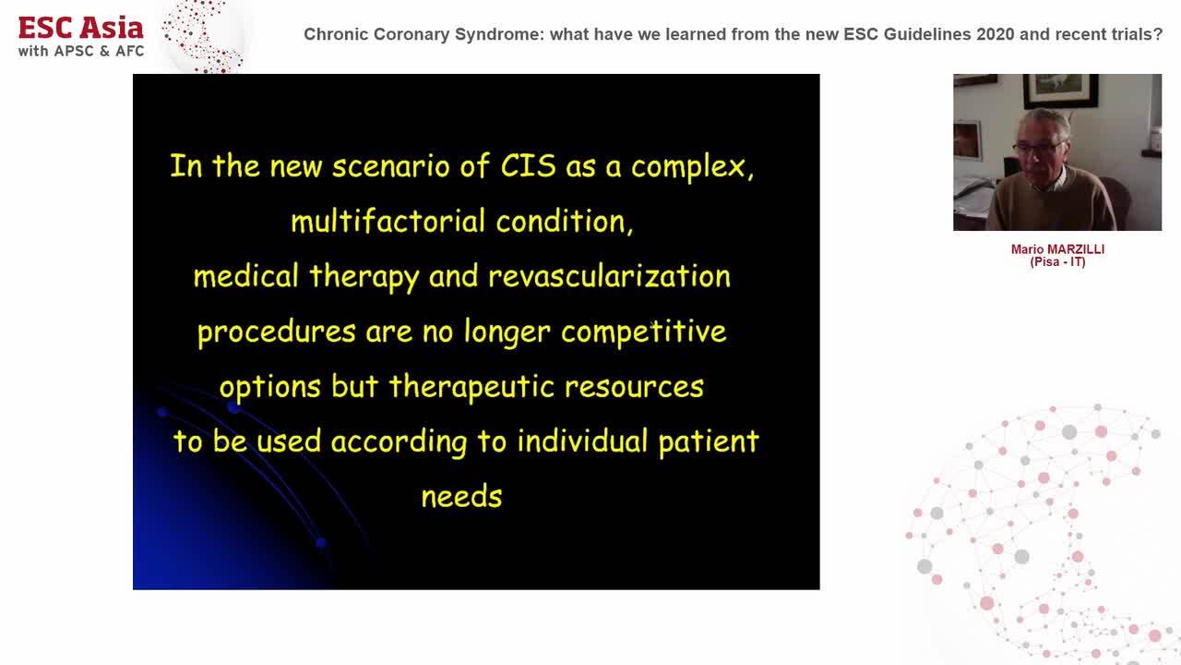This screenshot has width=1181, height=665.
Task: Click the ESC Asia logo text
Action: tap(81, 27)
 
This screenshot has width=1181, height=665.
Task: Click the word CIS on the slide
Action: tap(528, 166)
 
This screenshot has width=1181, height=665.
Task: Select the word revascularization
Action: tap(609, 276)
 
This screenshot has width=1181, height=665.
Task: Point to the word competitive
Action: tap(643, 332)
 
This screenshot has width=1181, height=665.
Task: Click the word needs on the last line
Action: tap(461, 497)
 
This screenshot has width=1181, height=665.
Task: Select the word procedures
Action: tap(276, 332)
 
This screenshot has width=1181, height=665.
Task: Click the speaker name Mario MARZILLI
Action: tap(1057, 249)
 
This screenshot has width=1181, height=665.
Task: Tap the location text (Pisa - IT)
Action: tap(1057, 262)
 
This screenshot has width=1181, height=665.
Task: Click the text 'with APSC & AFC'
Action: tap(81, 51)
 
